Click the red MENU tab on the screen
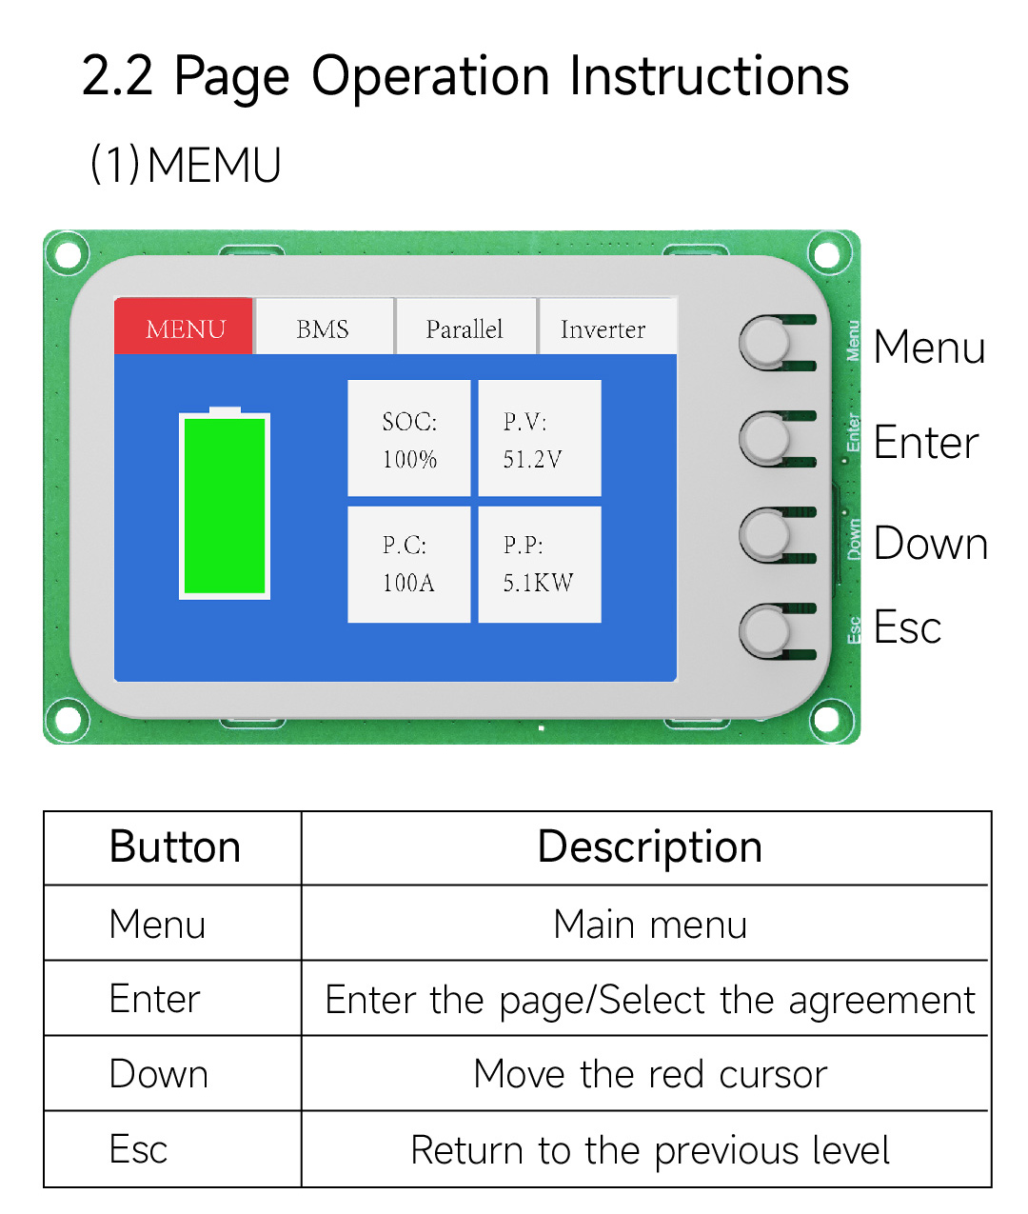185,328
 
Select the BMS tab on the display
324,328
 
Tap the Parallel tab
465,328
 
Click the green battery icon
225,505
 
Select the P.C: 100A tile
409,565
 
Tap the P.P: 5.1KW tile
539,565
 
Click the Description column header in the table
649,847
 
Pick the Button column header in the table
174,847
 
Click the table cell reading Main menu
649,924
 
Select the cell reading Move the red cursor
649,1074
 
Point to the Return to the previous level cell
649,1149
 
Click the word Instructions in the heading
708,76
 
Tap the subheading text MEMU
214,165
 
